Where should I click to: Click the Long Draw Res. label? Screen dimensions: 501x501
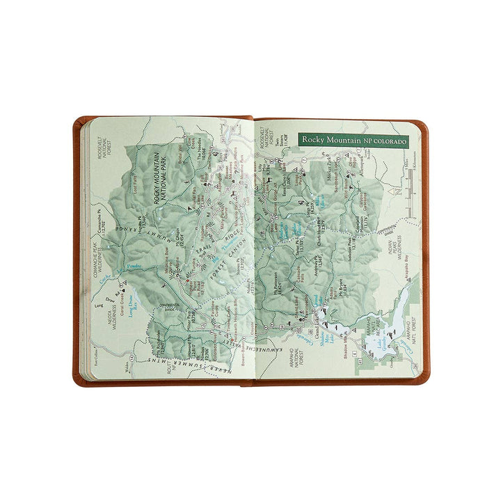click(x=132, y=306)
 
